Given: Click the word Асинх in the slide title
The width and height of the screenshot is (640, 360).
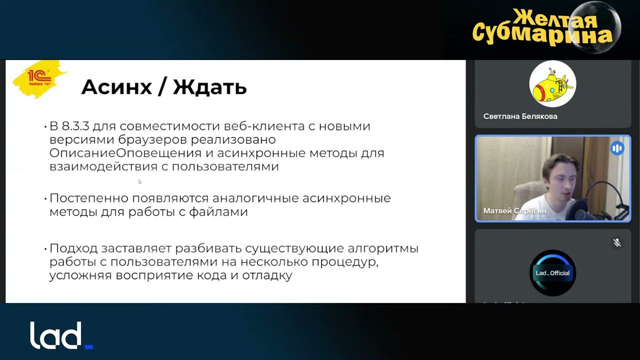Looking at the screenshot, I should pos(116,87).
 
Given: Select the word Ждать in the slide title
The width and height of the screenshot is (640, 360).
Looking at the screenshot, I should pos(210,87).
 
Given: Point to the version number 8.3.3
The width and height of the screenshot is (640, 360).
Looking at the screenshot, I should pos(77,126).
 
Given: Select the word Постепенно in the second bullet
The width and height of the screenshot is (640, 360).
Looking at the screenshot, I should pos(88,198).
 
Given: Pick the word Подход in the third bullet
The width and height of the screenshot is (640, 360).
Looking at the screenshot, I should pos(73,248).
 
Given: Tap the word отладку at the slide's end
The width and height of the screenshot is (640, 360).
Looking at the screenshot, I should pos(268,275).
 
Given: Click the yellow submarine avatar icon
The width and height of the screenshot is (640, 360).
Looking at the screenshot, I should pos(552,84).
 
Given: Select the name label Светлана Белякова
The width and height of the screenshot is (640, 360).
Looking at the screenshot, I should pos(520,116).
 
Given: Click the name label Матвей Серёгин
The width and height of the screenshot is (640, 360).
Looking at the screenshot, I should pos(514,211).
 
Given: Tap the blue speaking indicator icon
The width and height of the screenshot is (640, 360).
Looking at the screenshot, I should pos(617,148).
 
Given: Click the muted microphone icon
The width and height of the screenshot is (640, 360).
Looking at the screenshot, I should pos(617,243).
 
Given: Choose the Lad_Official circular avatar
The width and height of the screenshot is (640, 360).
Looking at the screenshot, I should pos(552,273).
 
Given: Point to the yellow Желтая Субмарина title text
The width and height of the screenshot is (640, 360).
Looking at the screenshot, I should pos(542,27).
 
